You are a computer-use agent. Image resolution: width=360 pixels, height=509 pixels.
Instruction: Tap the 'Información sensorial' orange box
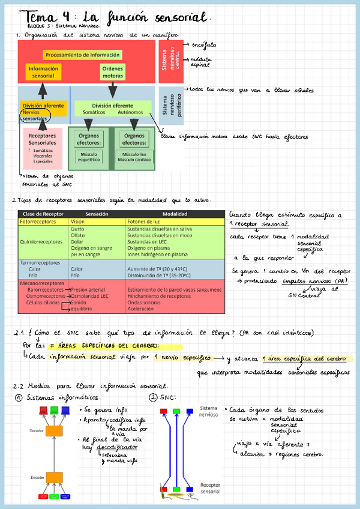point(43,72)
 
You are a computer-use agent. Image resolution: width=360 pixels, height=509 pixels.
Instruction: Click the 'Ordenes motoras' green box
point(112,72)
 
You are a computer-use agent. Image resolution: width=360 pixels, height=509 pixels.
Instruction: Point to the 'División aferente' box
point(43,106)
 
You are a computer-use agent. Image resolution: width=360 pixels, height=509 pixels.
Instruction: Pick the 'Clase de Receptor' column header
point(43,214)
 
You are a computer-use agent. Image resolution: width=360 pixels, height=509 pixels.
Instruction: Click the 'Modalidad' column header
point(175,214)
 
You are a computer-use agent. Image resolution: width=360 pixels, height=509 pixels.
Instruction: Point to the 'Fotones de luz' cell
point(143,221)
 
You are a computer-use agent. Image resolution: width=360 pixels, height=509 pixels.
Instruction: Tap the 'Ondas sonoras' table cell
point(144,303)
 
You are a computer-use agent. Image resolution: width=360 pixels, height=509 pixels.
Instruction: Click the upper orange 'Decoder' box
point(55,430)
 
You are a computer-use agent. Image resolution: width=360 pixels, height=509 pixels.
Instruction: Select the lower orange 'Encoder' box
point(55,477)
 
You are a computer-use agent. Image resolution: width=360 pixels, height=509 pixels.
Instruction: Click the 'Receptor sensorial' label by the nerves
point(210,487)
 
